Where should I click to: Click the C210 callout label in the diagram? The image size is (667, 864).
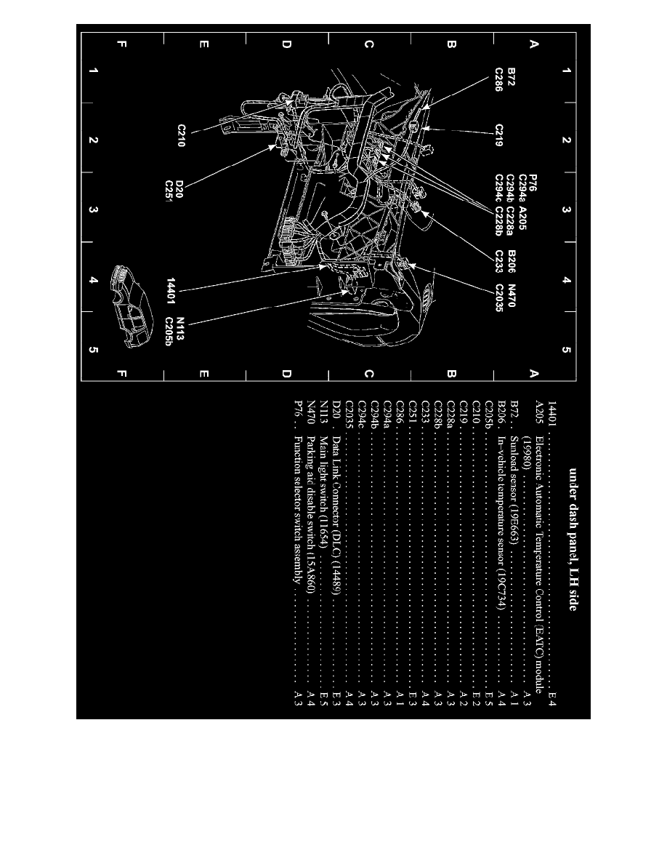coord(181,135)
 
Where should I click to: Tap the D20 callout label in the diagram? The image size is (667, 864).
coord(181,190)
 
